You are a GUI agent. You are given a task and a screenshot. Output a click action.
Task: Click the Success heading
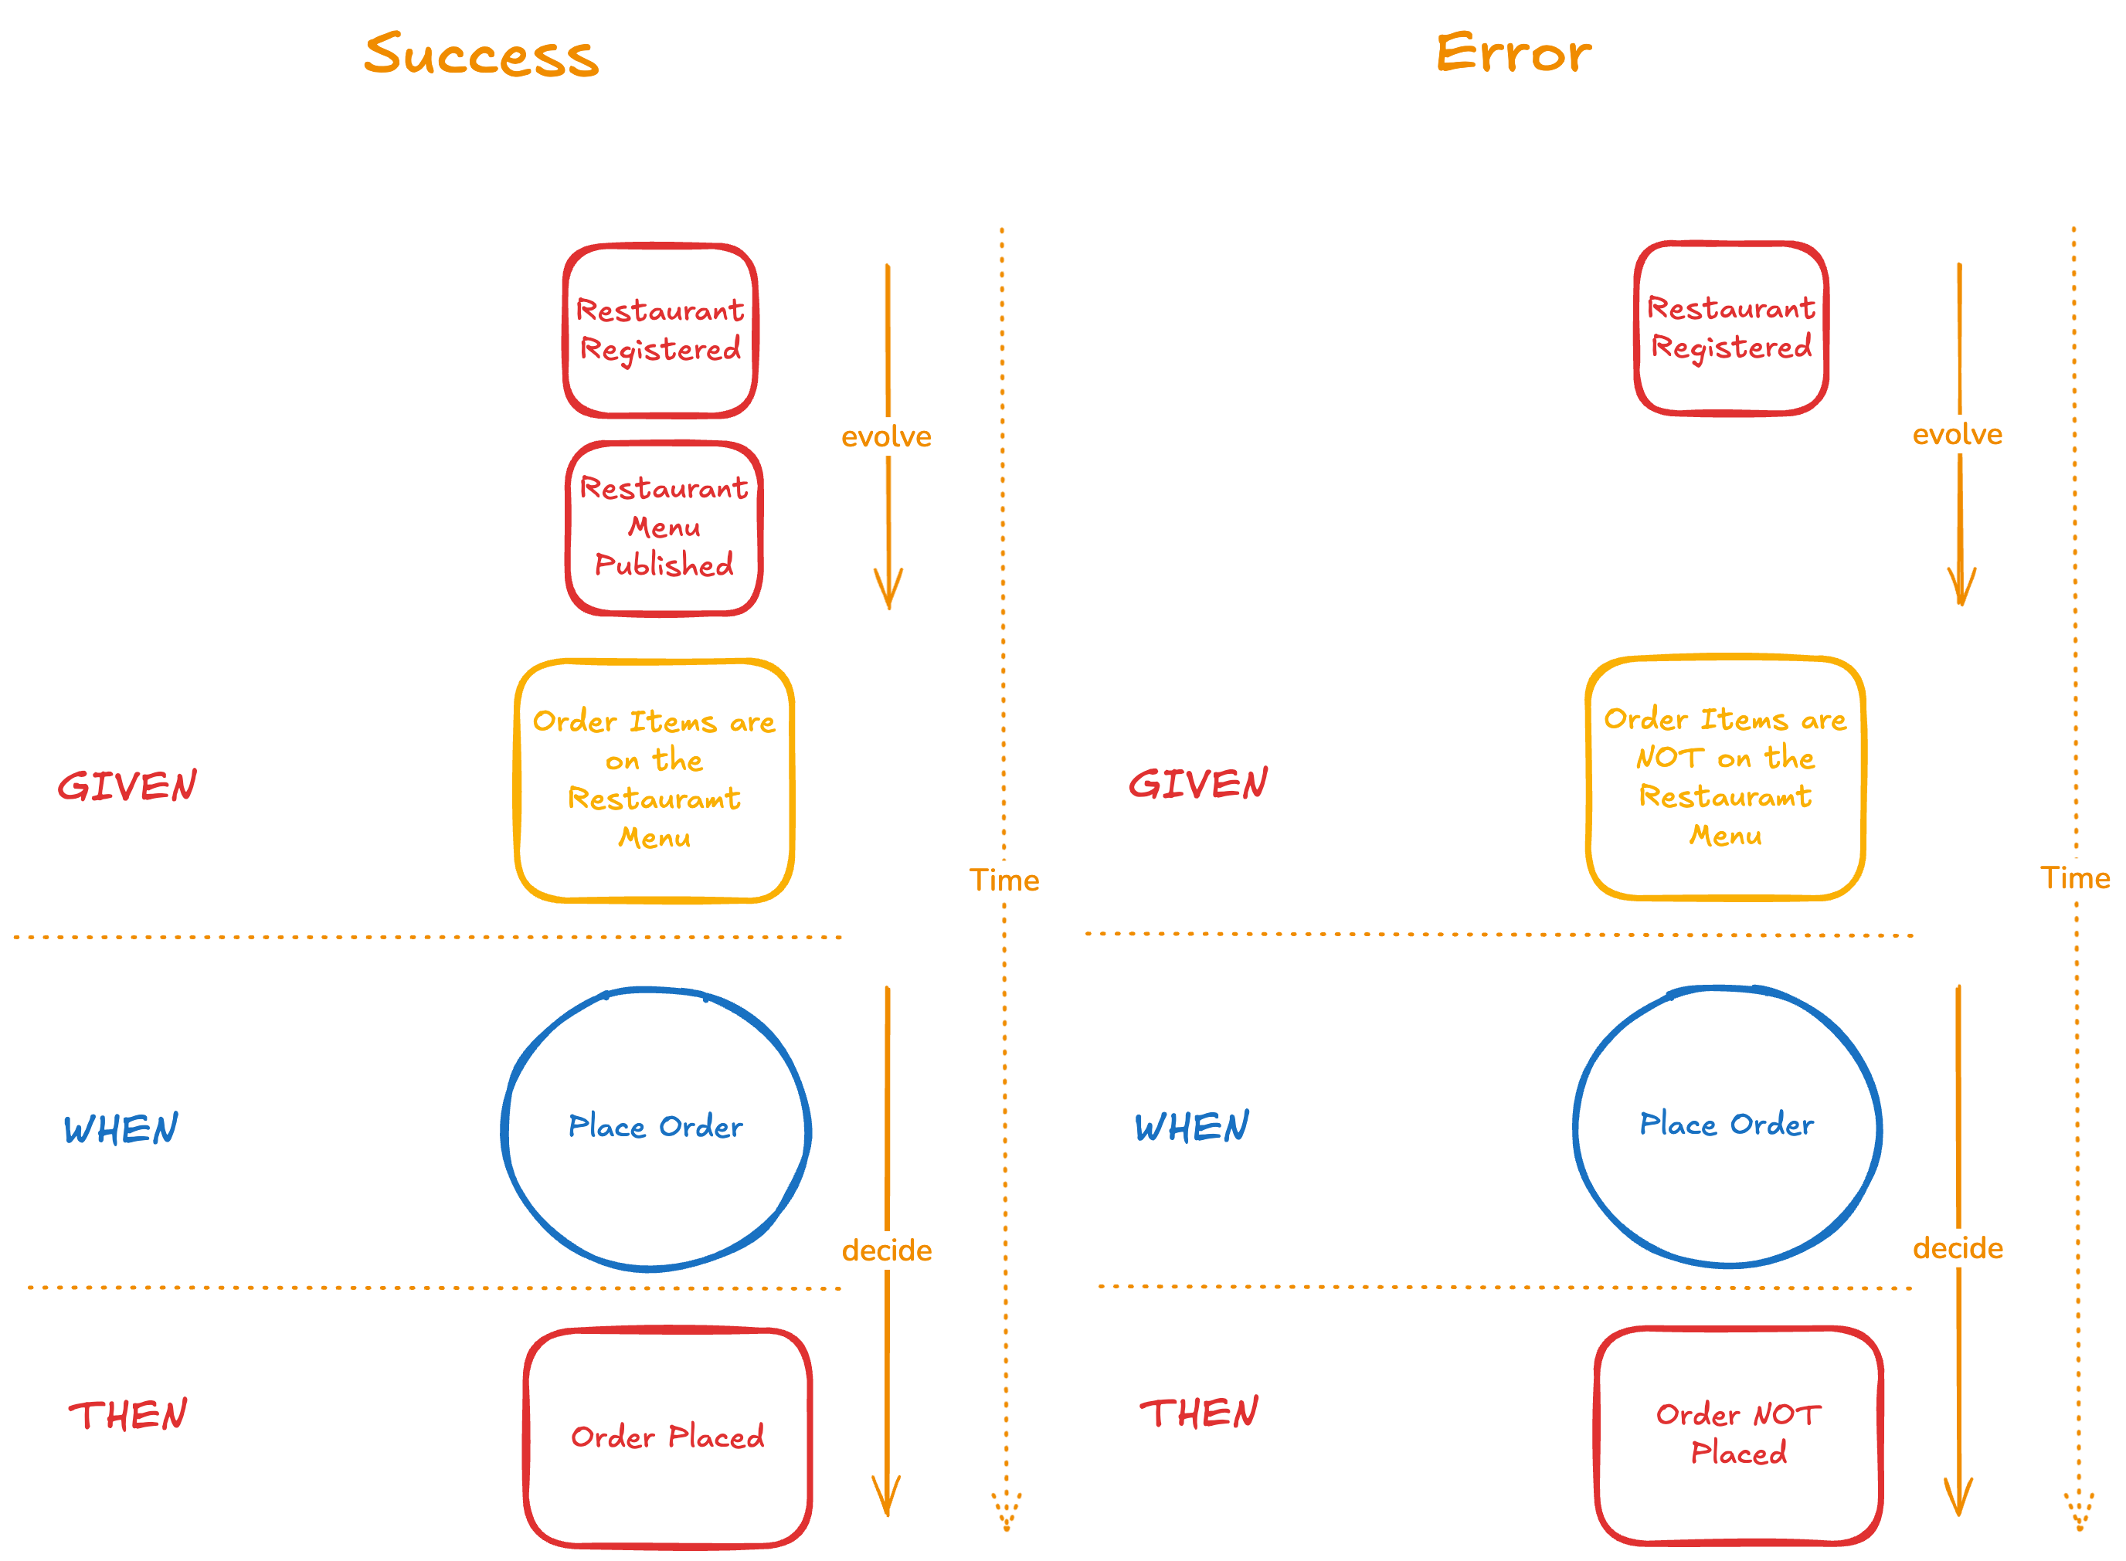coord(481,55)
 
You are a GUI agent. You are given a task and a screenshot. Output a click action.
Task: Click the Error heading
coord(1513,53)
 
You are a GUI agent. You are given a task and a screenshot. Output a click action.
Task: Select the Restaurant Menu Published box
coord(664,528)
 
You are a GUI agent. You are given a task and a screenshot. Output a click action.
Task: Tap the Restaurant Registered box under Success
coord(660,330)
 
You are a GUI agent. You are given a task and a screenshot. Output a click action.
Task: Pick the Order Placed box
coord(667,1437)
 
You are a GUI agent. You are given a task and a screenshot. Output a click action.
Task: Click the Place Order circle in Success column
coord(656,1127)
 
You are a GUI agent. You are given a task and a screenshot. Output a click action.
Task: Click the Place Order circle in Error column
coord(1727,1125)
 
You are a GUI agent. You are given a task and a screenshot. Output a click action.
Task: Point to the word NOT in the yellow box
coord(1669,758)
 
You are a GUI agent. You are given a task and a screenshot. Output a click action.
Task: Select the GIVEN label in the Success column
coord(127,786)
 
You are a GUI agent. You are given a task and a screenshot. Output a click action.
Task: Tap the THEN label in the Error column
coord(1199,1413)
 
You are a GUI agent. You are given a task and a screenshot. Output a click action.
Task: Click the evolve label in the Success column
coord(886,436)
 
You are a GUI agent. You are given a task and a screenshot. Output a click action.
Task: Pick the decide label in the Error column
coord(1957,1248)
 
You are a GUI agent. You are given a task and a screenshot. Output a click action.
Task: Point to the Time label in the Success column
coord(1004,881)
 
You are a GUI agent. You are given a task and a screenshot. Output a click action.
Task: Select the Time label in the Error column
coord(2074,879)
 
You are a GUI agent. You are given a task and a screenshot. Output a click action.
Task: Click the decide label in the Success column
coord(886,1251)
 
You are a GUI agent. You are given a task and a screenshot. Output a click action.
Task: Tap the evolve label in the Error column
coord(1957,435)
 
